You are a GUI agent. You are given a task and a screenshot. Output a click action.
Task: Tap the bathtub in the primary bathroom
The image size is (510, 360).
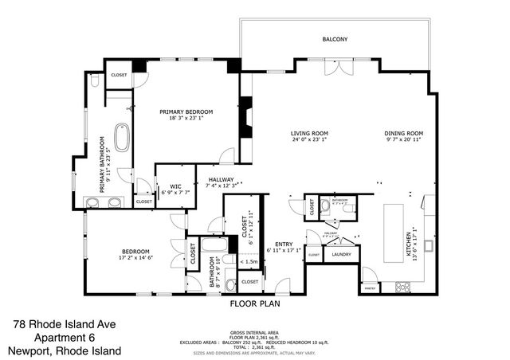(x=123, y=137)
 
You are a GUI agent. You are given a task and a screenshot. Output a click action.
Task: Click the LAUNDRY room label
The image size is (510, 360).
(x=342, y=255)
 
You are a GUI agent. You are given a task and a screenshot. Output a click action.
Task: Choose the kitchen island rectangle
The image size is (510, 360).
(x=394, y=235)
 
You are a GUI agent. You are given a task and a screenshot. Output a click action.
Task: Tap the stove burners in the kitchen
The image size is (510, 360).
(x=403, y=286)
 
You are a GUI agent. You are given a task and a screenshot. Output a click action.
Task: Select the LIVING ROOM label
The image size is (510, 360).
(x=309, y=133)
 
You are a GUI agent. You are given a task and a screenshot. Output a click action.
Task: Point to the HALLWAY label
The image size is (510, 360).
(x=221, y=179)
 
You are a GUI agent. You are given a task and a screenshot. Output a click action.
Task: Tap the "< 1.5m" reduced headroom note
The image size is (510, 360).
(x=248, y=261)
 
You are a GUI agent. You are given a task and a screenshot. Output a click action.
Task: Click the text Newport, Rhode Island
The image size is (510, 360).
(x=65, y=350)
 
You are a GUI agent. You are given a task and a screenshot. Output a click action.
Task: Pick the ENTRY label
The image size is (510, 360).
(x=284, y=244)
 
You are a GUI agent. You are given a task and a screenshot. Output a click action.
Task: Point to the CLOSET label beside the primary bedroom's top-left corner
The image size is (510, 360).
(x=119, y=75)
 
